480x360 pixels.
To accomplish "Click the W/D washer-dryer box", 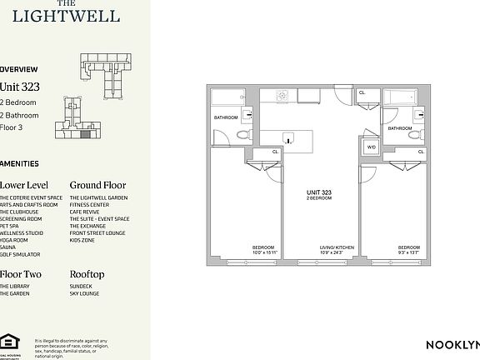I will [371, 147].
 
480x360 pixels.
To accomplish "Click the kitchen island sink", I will [288, 139].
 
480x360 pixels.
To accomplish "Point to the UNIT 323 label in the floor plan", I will [320, 192].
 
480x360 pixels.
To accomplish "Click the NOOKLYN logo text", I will [452, 345].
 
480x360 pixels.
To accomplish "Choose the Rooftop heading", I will [87, 274].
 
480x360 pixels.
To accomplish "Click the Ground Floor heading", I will [98, 185].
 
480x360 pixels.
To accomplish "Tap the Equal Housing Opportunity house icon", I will [9, 341].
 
